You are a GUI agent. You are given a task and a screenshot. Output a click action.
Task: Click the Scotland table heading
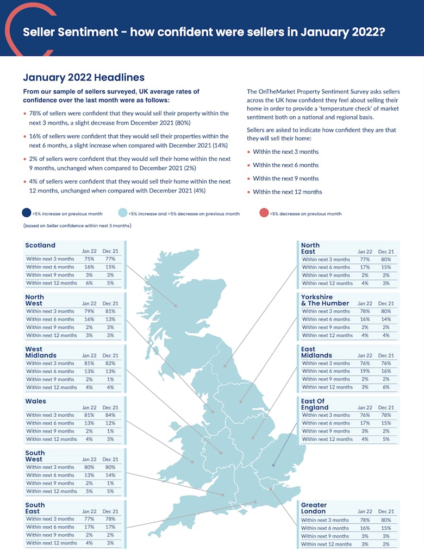(40, 245)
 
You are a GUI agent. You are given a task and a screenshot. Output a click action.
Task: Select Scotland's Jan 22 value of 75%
(89, 259)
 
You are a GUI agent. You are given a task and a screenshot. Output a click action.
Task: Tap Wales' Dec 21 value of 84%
(110, 415)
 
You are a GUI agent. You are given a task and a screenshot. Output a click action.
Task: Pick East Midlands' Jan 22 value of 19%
(365, 371)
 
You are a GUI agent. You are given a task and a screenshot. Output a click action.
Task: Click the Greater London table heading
(314, 508)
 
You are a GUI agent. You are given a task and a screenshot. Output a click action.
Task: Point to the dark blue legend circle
(27, 213)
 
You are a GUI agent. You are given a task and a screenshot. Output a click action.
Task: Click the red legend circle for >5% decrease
(264, 213)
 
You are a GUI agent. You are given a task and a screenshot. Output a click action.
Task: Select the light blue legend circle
(123, 213)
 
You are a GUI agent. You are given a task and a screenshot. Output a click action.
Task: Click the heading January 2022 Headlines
(84, 78)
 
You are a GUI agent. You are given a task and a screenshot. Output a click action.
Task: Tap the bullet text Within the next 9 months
(285, 178)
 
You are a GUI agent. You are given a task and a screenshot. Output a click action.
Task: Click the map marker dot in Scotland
(176, 306)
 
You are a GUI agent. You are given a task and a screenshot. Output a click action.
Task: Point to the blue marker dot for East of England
(273, 465)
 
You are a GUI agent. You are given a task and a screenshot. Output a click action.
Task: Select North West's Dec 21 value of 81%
(110, 311)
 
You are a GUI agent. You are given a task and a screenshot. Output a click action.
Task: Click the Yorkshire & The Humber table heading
(325, 300)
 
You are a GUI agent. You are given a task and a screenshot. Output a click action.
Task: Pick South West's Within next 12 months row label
(52, 491)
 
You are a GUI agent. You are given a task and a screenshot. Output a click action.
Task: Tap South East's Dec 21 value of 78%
(110, 519)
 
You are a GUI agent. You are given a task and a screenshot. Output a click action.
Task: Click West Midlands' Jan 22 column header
(89, 355)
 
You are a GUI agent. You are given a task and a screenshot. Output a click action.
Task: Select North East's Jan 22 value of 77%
(365, 260)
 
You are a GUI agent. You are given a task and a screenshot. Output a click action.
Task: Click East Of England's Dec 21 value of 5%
(386, 439)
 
